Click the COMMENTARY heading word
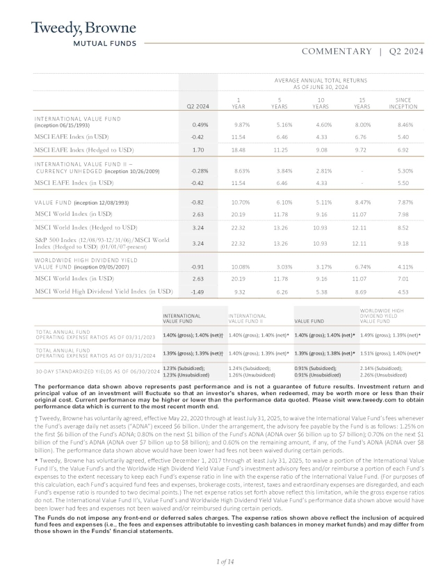[337, 51]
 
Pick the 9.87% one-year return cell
[240, 125]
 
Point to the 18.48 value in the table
[239, 150]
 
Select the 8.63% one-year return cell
[240, 170]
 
